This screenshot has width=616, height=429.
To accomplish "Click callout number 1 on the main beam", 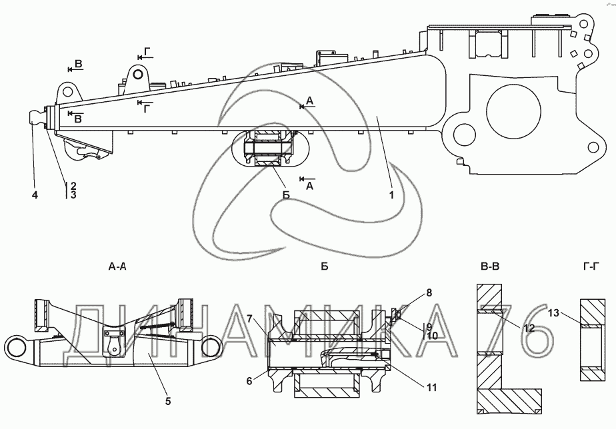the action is (392, 195).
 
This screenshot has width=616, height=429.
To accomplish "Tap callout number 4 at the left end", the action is (35, 195).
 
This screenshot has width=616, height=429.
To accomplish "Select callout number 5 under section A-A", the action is (168, 401).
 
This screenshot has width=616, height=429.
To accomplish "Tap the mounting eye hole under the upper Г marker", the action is (136, 73).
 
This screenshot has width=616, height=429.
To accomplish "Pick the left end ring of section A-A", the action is (18, 348).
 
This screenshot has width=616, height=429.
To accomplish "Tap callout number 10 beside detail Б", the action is (431, 336).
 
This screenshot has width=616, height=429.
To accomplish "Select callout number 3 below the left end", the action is (73, 195).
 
